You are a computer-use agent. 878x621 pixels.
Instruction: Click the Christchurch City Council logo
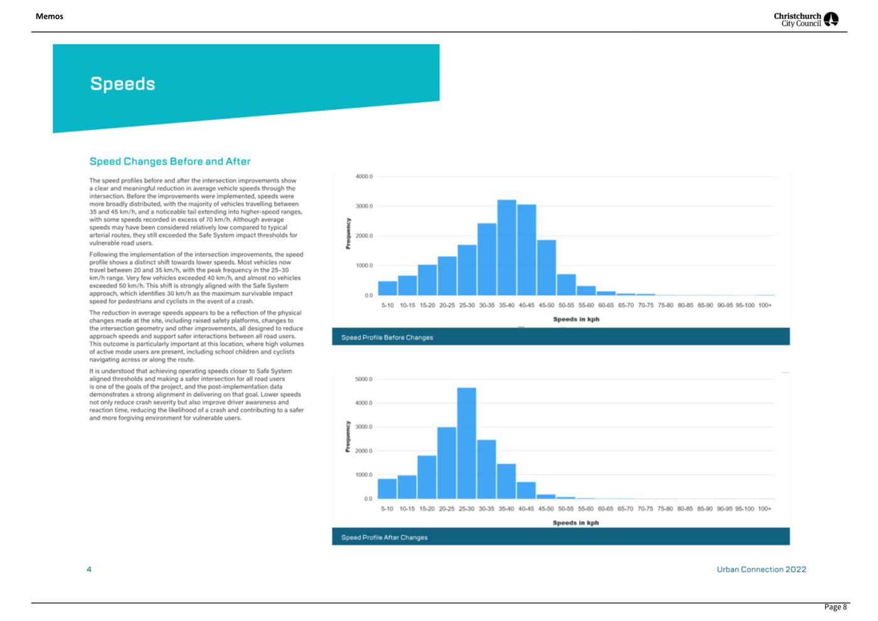[806, 19]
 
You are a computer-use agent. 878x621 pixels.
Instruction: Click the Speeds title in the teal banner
[122, 84]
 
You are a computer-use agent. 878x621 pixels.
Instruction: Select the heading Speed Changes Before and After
[170, 161]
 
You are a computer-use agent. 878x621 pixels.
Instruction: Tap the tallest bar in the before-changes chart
[507, 247]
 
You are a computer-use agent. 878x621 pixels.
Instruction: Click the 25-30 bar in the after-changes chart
[467, 443]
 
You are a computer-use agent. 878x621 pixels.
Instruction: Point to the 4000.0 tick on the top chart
[364, 176]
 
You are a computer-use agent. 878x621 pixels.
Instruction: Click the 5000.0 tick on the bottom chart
[364, 379]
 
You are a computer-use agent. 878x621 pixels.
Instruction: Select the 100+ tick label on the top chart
[764, 305]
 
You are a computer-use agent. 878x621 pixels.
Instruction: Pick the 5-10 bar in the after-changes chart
[387, 489]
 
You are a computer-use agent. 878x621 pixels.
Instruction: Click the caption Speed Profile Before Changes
[387, 337]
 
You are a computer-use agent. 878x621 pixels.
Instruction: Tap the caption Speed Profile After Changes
[384, 537]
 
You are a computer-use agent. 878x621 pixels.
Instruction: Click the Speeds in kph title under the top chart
[576, 319]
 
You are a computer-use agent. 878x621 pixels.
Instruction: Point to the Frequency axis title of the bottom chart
[347, 436]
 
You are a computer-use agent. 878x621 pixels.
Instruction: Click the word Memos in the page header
[50, 16]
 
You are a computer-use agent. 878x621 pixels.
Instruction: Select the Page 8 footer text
[835, 607]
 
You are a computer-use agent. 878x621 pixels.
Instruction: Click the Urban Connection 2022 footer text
[761, 570]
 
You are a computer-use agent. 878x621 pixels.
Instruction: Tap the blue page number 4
[89, 570]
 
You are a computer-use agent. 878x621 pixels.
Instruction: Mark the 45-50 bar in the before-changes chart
[546, 267]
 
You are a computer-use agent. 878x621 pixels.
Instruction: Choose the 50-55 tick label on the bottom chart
[566, 509]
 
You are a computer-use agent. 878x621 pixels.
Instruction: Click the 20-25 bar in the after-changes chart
[447, 463]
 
